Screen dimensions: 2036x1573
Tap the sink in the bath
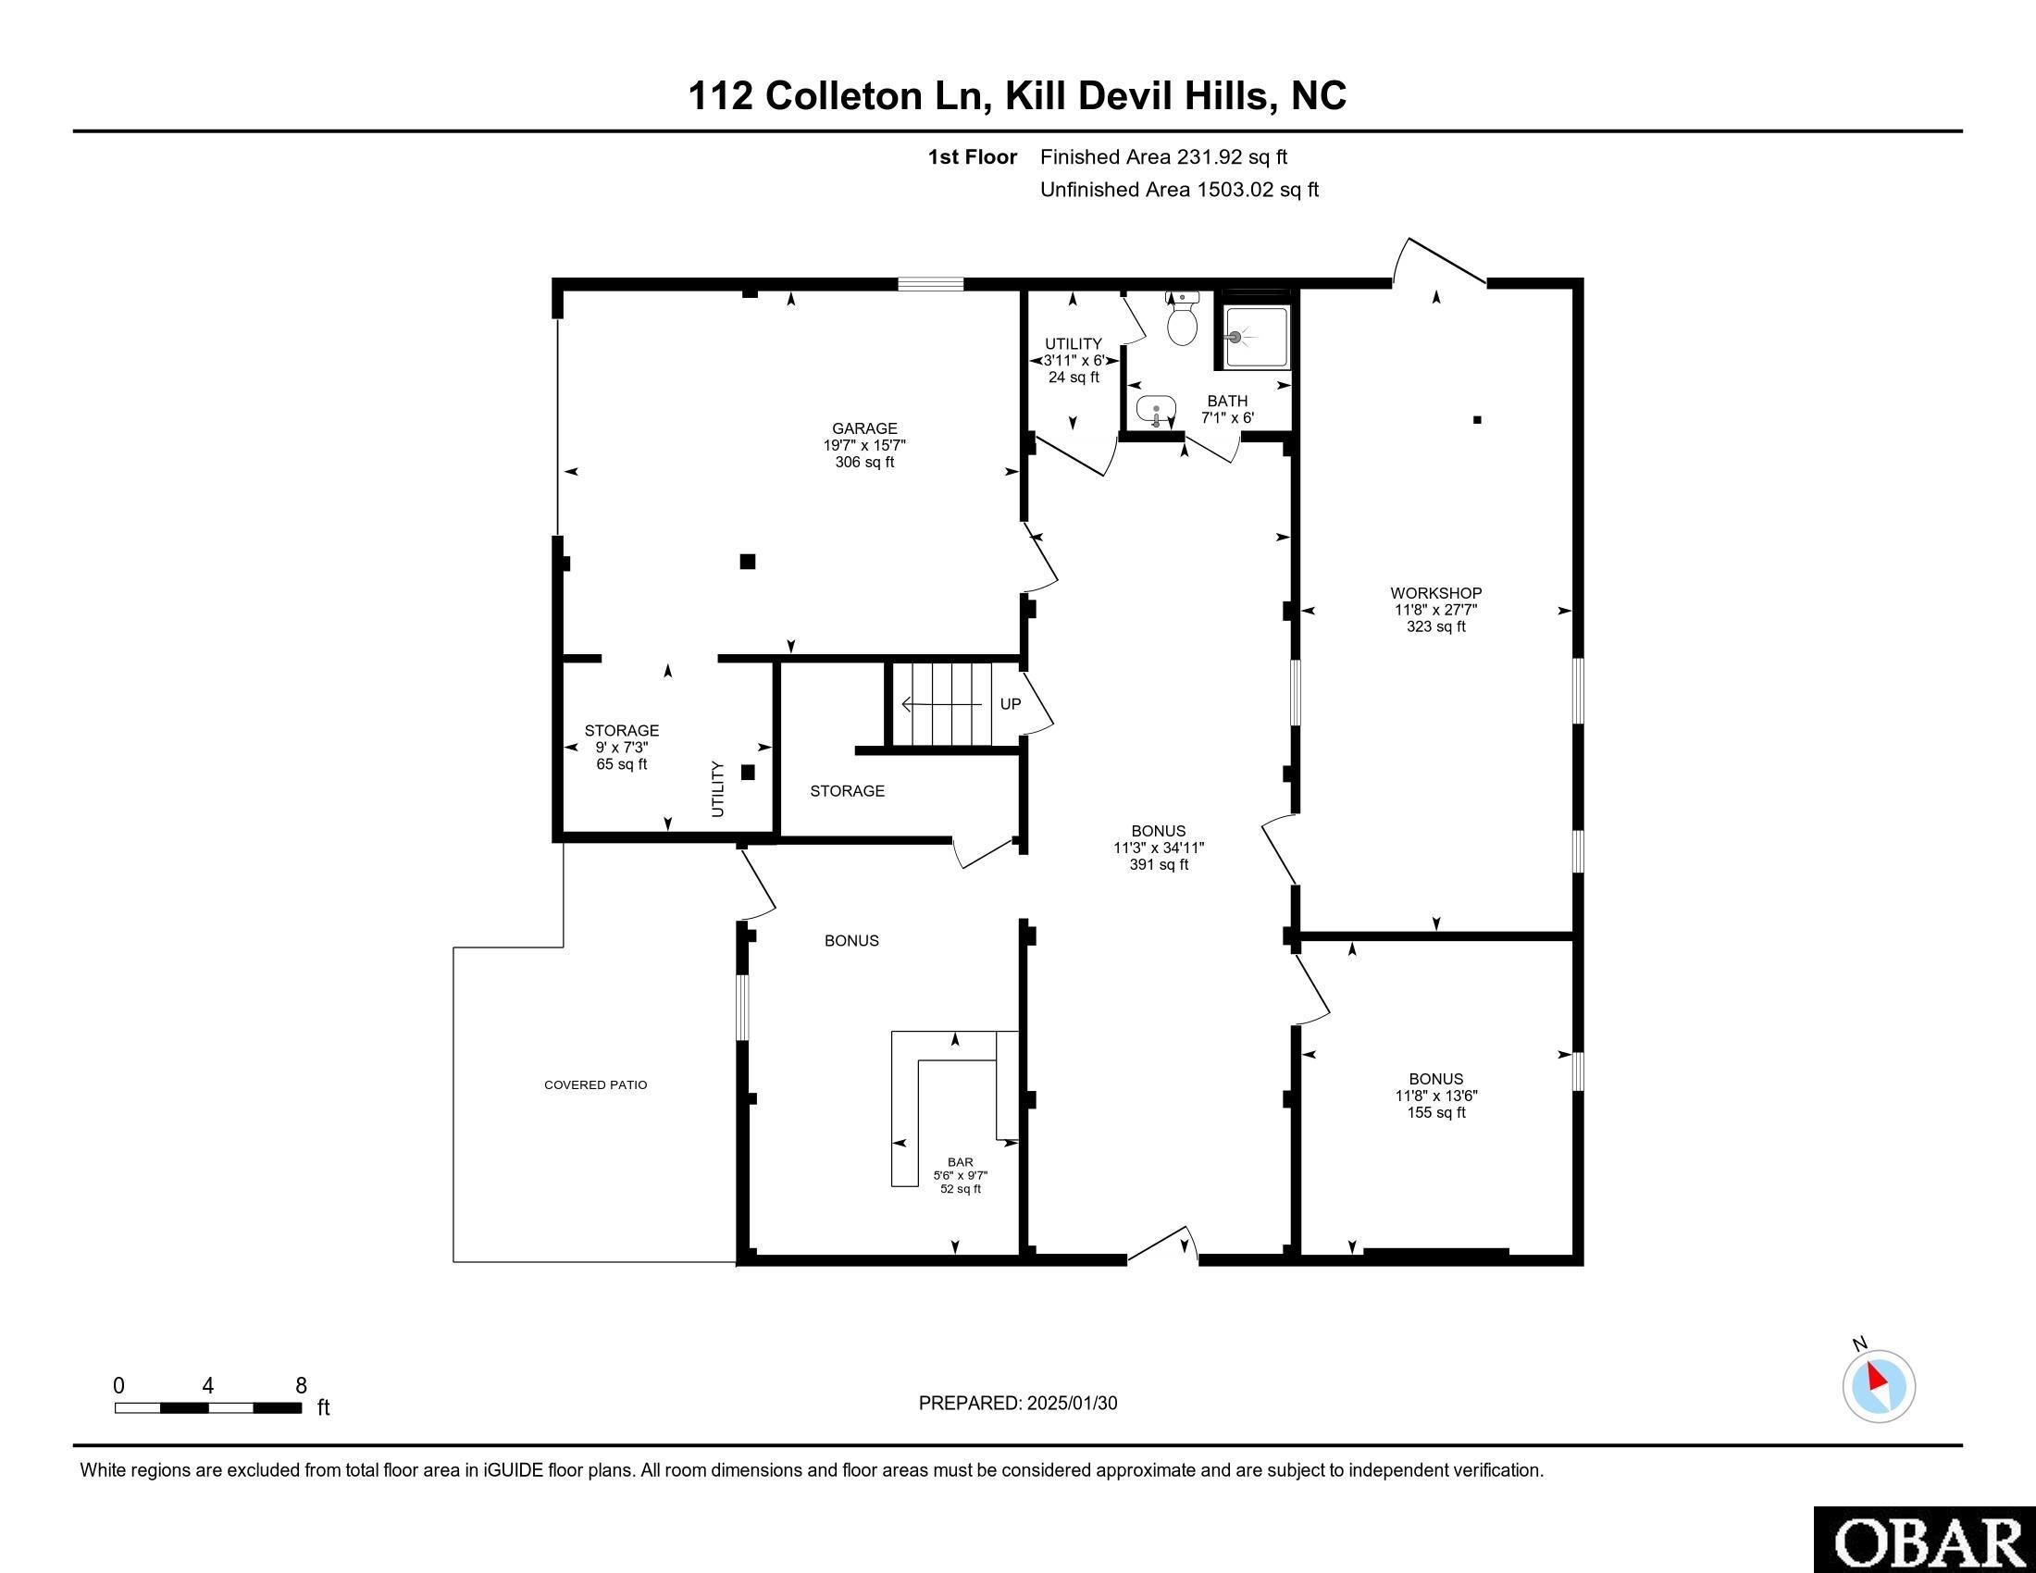pyautogui.click(x=1155, y=409)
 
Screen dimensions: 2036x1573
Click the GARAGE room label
pyautogui.click(x=865, y=428)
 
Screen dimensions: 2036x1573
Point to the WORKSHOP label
pyautogui.click(x=1435, y=593)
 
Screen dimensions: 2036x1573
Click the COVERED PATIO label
pyautogui.click(x=596, y=1084)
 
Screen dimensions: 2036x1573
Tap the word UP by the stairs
pyautogui.click(x=1011, y=703)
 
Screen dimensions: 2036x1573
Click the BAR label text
pyautogui.click(x=961, y=1162)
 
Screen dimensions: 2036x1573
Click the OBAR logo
pyautogui.click(x=1925, y=1542)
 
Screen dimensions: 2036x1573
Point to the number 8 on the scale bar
pyautogui.click(x=301, y=1386)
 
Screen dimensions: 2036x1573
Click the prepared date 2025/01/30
pyautogui.click(x=1071, y=1404)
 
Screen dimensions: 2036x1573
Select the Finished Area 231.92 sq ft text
pyautogui.click(x=1163, y=157)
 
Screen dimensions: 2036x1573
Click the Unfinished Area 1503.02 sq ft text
pyautogui.click(x=1179, y=190)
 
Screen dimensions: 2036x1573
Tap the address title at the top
pyautogui.click(x=1017, y=95)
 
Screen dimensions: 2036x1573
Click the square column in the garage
pyautogui.click(x=748, y=561)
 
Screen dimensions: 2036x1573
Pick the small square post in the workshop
pyautogui.click(x=1477, y=419)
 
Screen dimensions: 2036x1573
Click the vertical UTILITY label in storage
pyautogui.click(x=718, y=789)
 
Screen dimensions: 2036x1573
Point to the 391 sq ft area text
pyautogui.click(x=1159, y=865)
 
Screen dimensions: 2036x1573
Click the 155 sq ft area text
pyautogui.click(x=1435, y=1112)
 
